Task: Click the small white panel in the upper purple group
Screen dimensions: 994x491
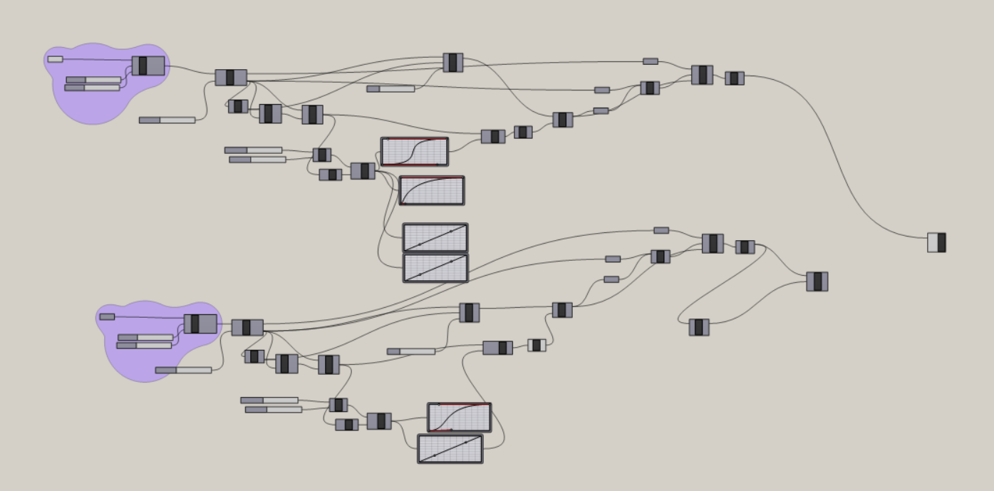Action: [x=55, y=59]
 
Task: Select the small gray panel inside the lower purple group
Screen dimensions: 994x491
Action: [x=107, y=316]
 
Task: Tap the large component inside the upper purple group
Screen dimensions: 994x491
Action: [x=148, y=66]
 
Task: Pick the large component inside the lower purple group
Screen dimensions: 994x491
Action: [x=200, y=324]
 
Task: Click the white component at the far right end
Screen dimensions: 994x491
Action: [x=936, y=242]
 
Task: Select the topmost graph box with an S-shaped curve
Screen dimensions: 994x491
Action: [x=415, y=152]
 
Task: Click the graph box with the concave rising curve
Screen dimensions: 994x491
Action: [x=432, y=190]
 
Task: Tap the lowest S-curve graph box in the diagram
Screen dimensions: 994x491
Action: [x=459, y=418]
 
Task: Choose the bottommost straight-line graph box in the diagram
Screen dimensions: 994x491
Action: [x=450, y=449]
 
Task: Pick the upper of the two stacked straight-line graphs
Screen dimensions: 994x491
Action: [x=435, y=237]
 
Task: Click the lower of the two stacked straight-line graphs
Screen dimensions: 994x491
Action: [x=435, y=268]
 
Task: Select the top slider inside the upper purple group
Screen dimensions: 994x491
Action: [x=93, y=80]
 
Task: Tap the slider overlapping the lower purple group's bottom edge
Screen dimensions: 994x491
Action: [x=183, y=370]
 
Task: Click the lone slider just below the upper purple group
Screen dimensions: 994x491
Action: [x=167, y=120]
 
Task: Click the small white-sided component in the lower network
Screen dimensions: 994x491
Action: [x=537, y=346]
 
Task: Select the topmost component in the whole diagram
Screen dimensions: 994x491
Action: [x=452, y=63]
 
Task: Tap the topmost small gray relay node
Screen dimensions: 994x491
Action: [x=651, y=61]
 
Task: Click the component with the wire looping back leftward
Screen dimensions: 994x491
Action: [x=699, y=327]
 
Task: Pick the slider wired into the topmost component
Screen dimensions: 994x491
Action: [x=390, y=89]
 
